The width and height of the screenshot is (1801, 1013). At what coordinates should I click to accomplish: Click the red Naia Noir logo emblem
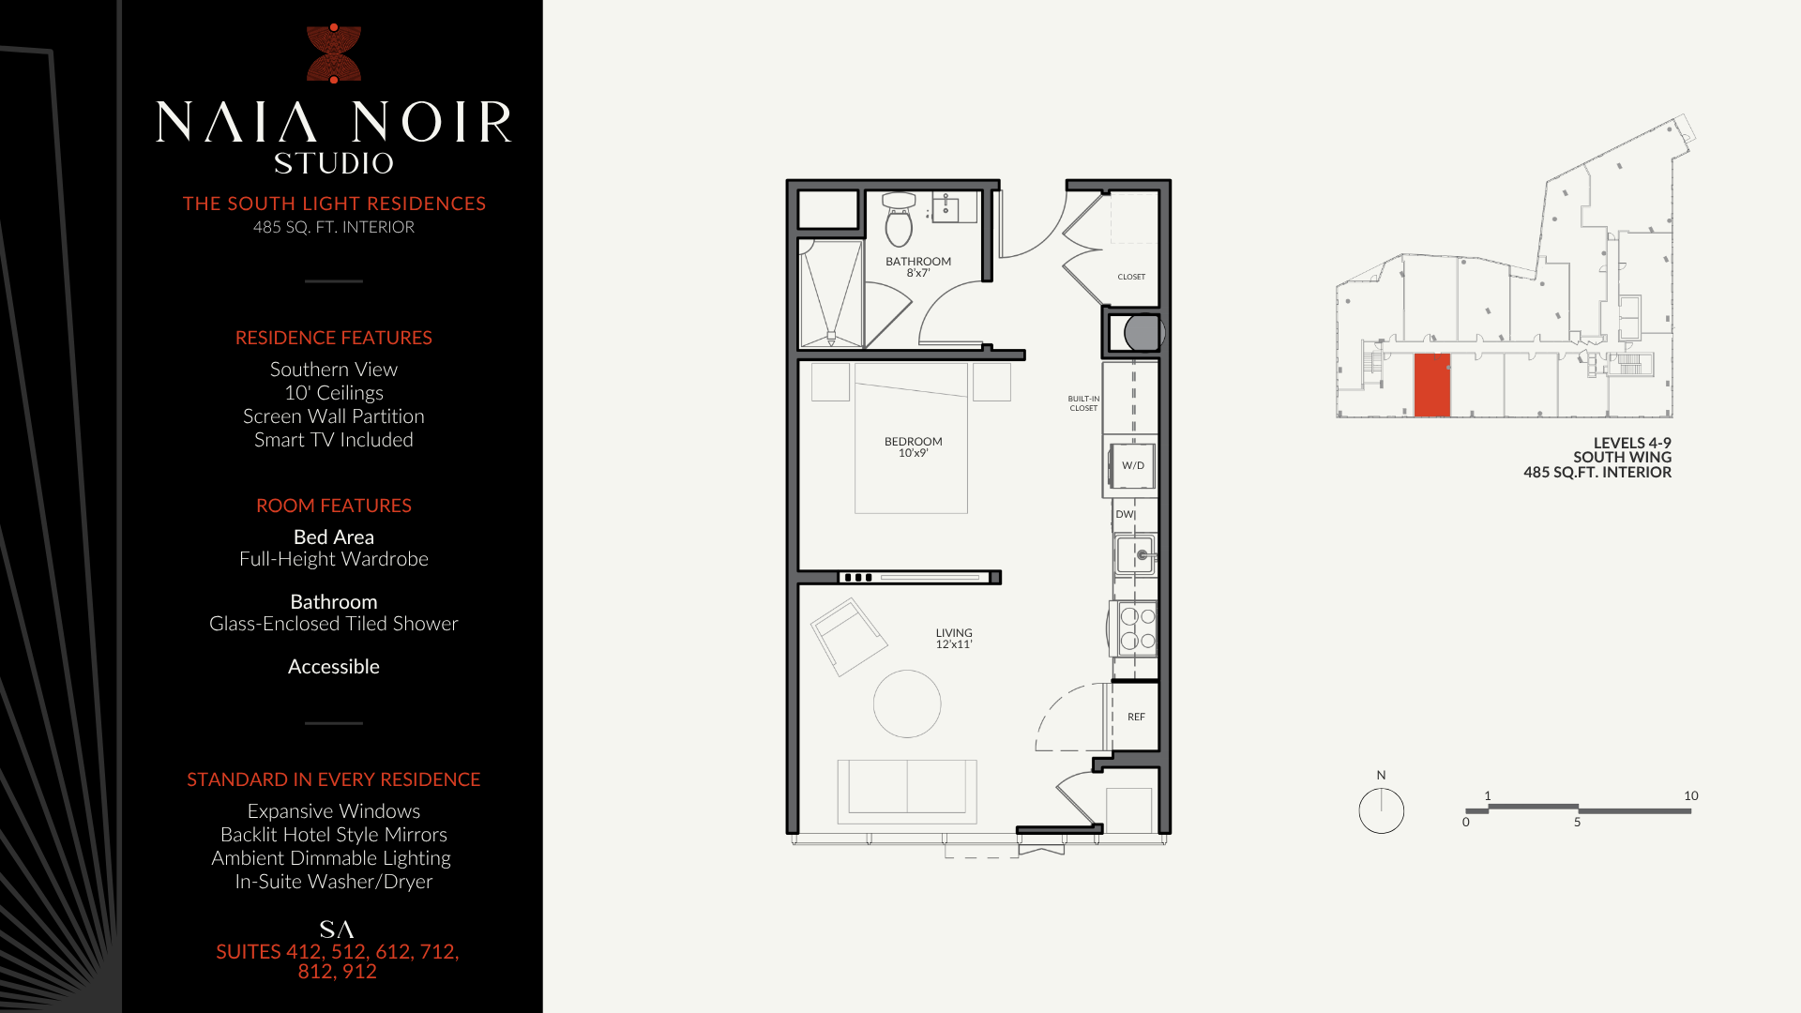(334, 53)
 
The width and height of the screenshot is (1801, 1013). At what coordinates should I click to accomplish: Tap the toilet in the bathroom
(899, 219)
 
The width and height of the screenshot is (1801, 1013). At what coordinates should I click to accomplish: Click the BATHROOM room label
(918, 262)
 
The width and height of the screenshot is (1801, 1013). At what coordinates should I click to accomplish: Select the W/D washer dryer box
(1133, 465)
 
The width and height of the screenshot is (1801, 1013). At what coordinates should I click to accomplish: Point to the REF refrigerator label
(1136, 717)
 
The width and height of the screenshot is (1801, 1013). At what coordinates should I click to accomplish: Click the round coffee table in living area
(907, 703)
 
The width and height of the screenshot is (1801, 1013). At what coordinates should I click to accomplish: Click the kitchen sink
(1136, 555)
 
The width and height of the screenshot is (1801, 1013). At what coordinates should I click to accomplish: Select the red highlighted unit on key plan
(1431, 385)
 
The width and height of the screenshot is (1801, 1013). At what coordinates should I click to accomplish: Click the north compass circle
(1381, 810)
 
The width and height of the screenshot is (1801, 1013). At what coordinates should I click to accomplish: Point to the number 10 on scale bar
(1690, 795)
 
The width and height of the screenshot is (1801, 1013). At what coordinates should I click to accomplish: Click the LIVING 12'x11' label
(954, 639)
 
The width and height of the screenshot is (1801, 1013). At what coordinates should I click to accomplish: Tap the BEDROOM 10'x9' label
(913, 447)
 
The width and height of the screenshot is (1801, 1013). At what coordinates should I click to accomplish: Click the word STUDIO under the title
(334, 163)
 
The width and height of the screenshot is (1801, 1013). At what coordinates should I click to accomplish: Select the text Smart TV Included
(334, 440)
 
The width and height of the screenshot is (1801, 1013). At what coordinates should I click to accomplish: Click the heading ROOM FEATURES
(334, 506)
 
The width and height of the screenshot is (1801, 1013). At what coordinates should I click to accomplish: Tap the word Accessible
(334, 667)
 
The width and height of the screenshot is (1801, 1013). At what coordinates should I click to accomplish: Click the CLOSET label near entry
(1131, 277)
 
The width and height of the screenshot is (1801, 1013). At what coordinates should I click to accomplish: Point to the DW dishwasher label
(1125, 514)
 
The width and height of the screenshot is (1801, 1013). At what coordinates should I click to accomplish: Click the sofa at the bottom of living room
(907, 791)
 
